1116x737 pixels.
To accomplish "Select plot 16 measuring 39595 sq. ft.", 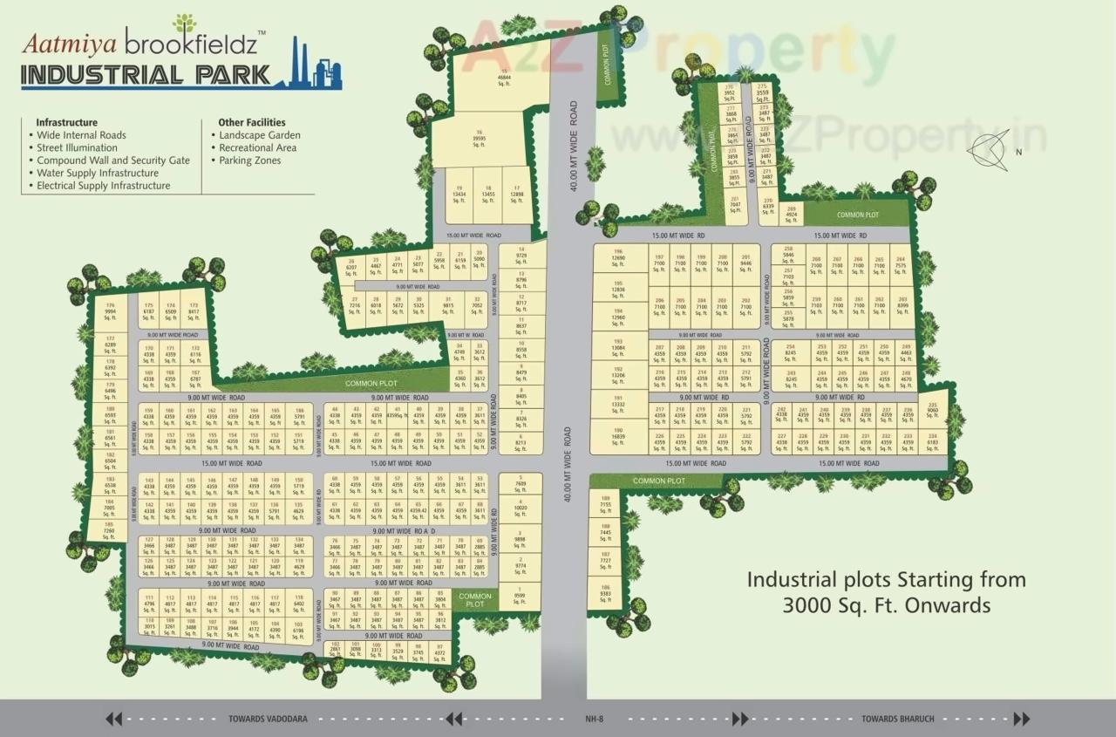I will [x=479, y=139].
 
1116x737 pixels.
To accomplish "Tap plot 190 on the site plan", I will [x=618, y=436].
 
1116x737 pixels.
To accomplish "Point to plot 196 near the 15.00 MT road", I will [x=618, y=256].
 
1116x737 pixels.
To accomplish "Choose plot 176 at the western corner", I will [x=110, y=310].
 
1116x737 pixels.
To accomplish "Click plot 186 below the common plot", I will [x=606, y=594].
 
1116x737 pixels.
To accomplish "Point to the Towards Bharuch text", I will [x=897, y=719].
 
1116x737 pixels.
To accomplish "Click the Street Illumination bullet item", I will [x=77, y=148].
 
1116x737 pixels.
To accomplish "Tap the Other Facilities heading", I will [x=251, y=123].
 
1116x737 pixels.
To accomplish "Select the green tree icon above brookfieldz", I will [x=185, y=24].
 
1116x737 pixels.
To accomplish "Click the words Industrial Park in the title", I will [x=146, y=74].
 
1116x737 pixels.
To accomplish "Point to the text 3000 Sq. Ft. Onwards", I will [x=887, y=604].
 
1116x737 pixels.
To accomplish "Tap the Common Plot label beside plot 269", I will [x=857, y=215].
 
